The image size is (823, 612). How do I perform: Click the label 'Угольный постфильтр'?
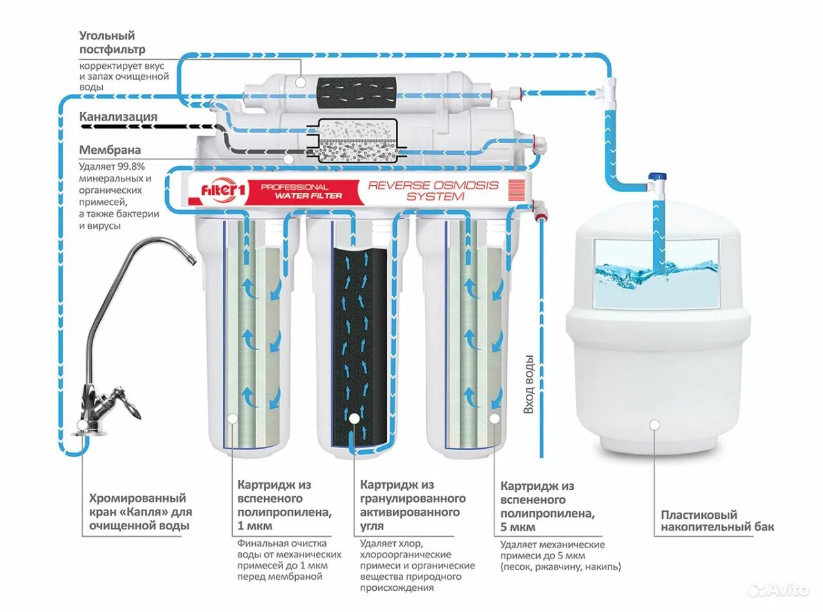(x=112, y=42)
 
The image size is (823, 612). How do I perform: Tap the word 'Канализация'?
(x=118, y=117)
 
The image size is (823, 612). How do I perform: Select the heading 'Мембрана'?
(x=110, y=150)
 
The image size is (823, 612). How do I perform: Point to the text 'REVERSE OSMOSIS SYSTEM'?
(x=433, y=191)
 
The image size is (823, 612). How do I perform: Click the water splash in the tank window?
(x=656, y=273)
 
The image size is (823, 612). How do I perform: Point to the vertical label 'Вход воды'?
(x=529, y=384)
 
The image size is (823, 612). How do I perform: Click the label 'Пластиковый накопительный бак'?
(x=718, y=521)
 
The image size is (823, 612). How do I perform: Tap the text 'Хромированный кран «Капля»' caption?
(x=138, y=505)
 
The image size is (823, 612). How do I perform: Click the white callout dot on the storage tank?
(x=655, y=424)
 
